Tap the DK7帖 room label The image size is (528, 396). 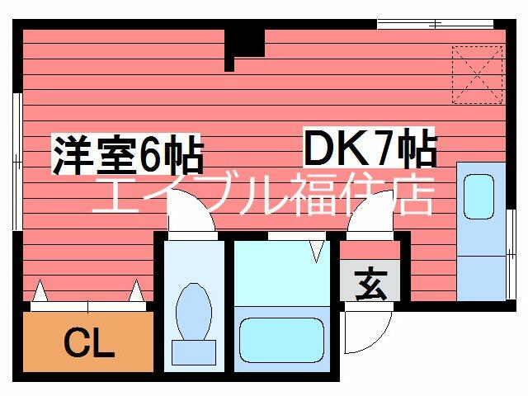[x=370, y=150]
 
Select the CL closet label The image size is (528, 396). [x=88, y=342]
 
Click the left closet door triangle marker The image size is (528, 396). [x=39, y=291]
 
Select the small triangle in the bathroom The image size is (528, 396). [x=318, y=249]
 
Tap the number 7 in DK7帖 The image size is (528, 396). [x=381, y=150]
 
